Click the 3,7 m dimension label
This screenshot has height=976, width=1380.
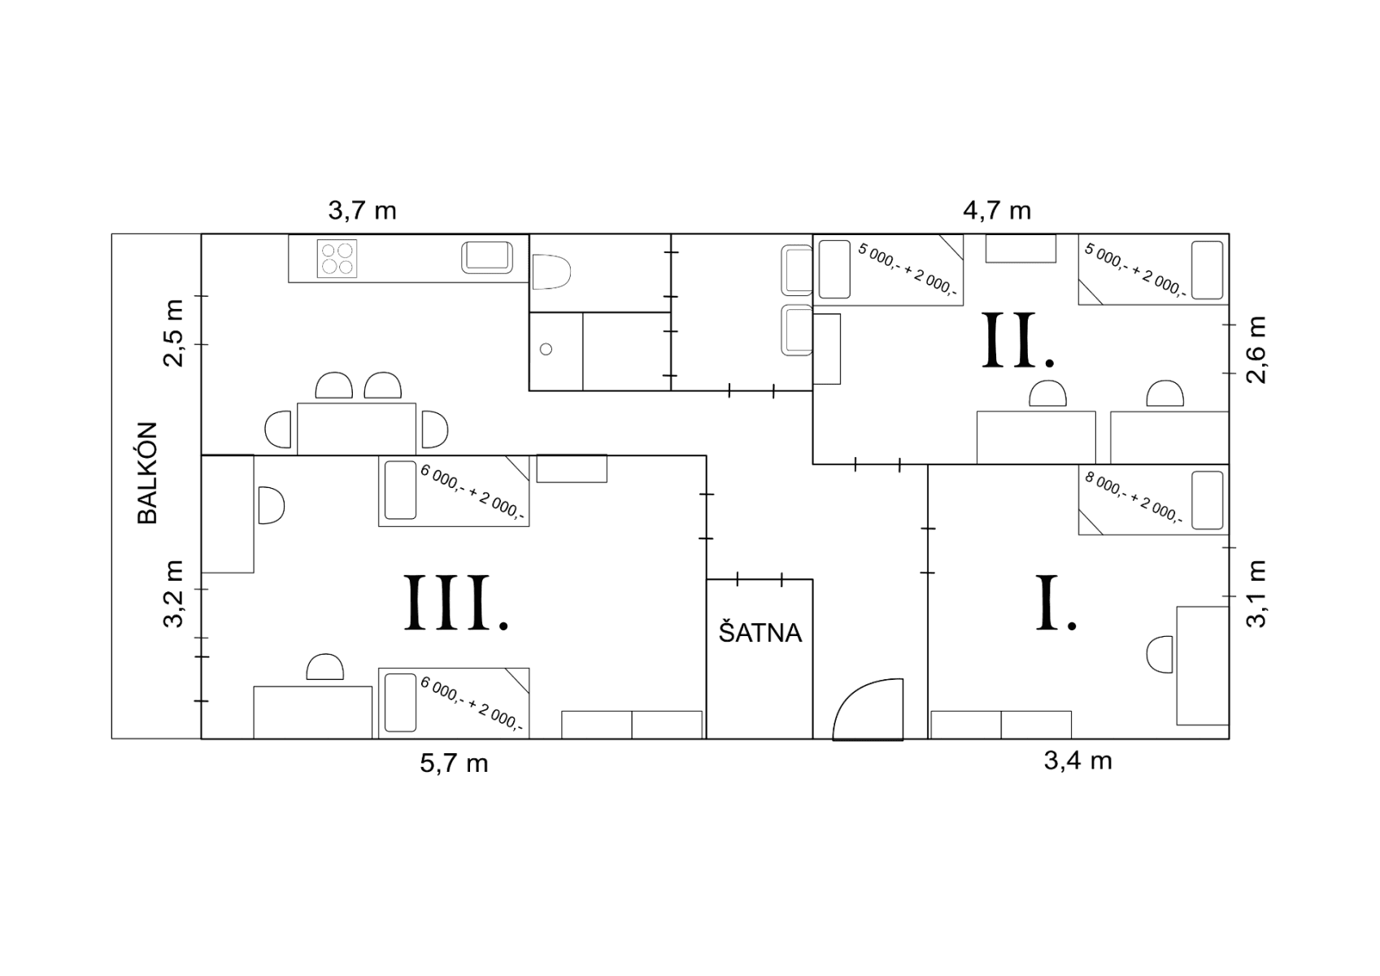point(362,211)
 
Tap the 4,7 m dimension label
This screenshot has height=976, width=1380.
point(997,211)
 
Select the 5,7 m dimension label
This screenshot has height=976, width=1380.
point(454,763)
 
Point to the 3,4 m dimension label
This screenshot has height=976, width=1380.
point(1077,760)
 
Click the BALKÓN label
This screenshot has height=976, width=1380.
point(147,473)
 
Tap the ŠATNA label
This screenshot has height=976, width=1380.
point(760,633)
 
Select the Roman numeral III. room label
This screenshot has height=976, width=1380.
point(457,603)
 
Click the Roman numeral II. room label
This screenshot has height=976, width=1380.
point(1019,341)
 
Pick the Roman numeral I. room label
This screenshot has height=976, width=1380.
point(1056,603)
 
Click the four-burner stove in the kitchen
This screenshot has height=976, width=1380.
point(337,258)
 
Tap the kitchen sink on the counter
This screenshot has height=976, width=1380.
point(487,257)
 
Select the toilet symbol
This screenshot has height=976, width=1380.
point(552,272)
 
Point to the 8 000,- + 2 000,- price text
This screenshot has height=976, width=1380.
point(1134,498)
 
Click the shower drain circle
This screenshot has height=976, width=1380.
point(546,349)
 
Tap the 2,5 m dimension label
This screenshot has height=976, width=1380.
point(173,332)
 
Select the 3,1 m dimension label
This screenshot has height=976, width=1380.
point(1257,594)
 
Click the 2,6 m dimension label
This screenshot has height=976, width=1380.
point(1257,350)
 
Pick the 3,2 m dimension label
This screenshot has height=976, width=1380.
point(173,595)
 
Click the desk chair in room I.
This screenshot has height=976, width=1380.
point(1160,655)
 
